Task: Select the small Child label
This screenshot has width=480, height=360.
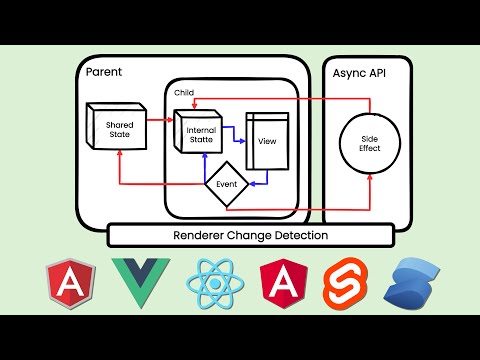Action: pos(183,92)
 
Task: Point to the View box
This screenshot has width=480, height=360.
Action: pos(266,140)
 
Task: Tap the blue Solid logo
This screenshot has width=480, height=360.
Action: pos(412,283)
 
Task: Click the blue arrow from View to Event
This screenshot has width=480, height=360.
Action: pos(262,183)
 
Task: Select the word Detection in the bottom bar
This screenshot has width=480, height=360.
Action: pos(295,235)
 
